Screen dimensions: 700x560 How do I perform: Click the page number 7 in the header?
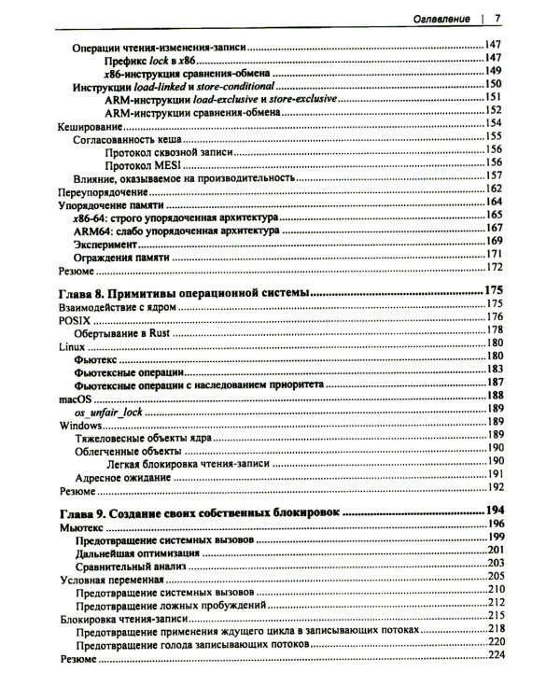498,19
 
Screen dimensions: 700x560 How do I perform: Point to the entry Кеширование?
91,123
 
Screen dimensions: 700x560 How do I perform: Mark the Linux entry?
71,344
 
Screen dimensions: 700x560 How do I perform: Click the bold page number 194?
493,511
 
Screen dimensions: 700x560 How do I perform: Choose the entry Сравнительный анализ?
133,565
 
